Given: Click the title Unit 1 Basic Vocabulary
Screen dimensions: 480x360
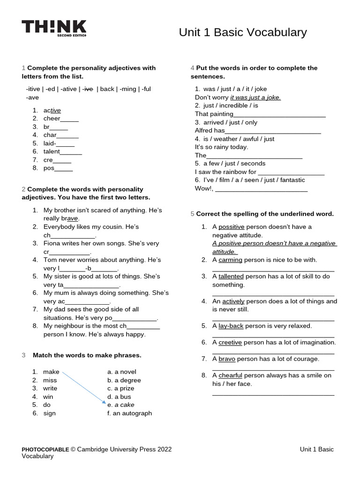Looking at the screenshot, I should (x=242, y=32).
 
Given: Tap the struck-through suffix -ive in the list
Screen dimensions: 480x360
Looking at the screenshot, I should (x=88, y=89).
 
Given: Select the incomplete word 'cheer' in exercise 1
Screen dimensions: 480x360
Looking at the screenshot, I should (x=52, y=119).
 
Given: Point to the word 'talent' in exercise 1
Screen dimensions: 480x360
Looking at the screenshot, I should (x=52, y=151).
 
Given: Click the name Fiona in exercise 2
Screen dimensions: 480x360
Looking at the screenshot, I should (x=52, y=243).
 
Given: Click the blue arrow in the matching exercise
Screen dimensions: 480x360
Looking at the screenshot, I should (x=83, y=388).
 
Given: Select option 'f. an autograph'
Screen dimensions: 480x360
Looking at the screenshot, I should (x=129, y=413).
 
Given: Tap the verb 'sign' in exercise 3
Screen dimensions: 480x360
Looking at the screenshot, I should (x=49, y=413).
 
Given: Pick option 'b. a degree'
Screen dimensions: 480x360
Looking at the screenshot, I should (x=124, y=380).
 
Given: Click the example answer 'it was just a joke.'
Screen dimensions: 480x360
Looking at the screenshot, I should (x=255, y=97).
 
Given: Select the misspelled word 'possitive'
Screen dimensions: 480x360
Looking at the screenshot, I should (x=232, y=227).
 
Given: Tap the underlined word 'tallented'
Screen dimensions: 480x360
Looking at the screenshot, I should (x=231, y=277).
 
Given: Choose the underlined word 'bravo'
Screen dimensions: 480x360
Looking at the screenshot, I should (x=227, y=359).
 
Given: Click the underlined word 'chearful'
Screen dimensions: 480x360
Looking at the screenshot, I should (x=231, y=375).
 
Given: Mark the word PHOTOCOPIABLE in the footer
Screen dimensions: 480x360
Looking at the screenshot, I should (x=45, y=450).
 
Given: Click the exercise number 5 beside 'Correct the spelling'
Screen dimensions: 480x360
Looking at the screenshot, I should (x=192, y=214).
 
